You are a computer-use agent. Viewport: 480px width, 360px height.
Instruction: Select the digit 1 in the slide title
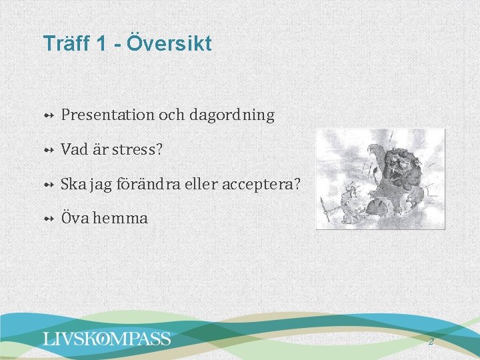click(x=101, y=44)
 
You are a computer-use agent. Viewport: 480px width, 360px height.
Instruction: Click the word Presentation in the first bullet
click(x=107, y=115)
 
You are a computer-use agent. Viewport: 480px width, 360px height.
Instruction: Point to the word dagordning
click(x=231, y=115)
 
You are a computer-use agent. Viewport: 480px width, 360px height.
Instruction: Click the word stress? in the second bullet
click(x=137, y=149)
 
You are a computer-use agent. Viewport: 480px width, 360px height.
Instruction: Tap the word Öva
click(x=74, y=218)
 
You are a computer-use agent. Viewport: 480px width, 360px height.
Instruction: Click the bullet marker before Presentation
click(x=49, y=115)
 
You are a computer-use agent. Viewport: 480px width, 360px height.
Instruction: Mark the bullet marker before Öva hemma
click(x=49, y=219)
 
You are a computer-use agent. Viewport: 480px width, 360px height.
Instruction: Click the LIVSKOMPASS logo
click(x=107, y=339)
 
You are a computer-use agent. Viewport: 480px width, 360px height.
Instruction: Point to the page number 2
click(x=431, y=341)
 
